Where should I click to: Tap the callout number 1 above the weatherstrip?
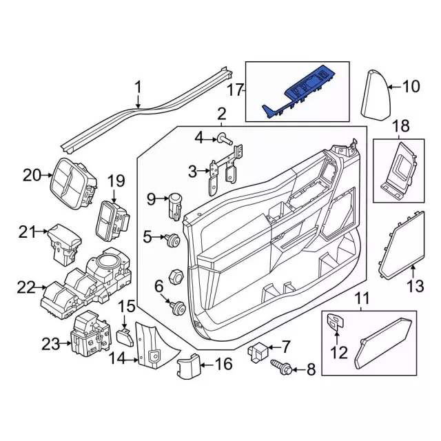pos(138,88)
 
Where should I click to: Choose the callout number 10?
pos(411,87)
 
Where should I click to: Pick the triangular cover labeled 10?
pos(376,95)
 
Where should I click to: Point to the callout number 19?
pos(115,182)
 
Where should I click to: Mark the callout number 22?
pos(26,287)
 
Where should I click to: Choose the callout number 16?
pos(224,363)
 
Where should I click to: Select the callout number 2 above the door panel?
pos(221,114)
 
